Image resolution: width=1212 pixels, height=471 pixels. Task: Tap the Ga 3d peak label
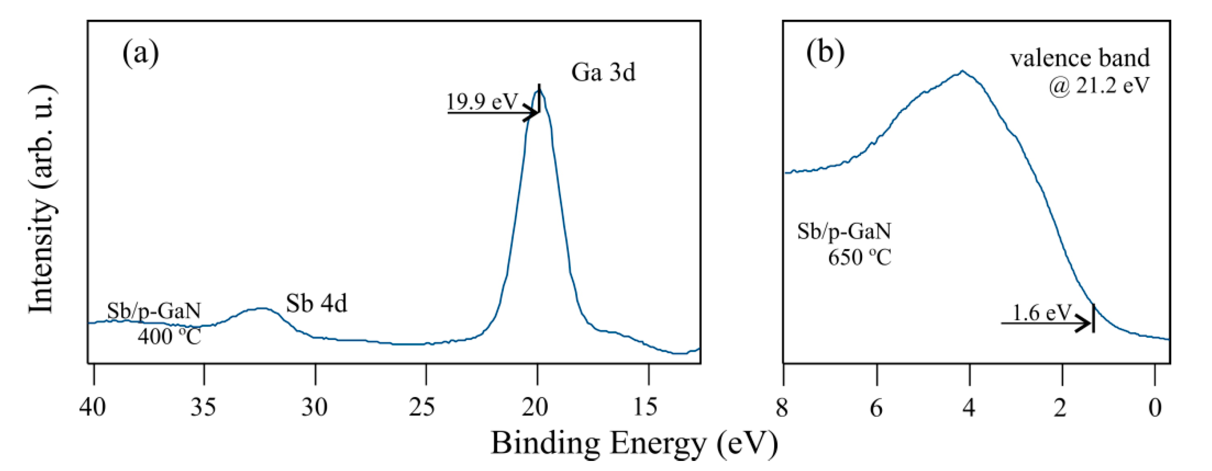point(603,73)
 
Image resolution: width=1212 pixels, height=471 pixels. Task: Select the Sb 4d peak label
point(316,304)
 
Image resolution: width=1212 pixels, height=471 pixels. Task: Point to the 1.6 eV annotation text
point(1041,312)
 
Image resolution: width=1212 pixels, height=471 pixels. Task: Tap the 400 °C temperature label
point(169,337)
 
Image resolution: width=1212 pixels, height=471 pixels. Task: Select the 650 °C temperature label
point(859,258)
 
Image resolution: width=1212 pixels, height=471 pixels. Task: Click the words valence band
point(1080,59)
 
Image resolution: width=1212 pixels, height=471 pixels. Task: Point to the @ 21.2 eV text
point(1098,86)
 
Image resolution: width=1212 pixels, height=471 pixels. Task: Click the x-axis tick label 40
point(93,407)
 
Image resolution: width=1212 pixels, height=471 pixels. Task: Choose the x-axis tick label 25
point(424,407)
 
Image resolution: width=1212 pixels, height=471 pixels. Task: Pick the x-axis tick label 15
point(647,407)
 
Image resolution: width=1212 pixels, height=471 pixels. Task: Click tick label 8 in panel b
point(782,407)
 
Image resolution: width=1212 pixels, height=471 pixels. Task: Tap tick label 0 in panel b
point(1155,407)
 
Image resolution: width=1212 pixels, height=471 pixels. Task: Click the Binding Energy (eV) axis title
point(634,443)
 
